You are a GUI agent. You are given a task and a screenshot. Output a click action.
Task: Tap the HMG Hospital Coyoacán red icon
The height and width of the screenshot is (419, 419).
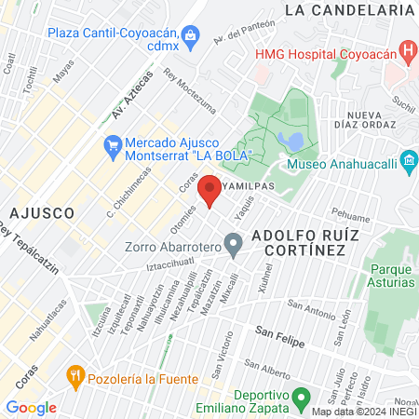point(407,49)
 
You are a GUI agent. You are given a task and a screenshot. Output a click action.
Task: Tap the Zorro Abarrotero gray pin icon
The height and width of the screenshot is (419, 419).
point(233,246)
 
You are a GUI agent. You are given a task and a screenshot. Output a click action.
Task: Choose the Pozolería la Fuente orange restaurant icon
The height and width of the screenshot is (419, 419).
point(75,377)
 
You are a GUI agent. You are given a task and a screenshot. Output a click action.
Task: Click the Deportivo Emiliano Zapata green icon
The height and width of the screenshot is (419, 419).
point(300,398)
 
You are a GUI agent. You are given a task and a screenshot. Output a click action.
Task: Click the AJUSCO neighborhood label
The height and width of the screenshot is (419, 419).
point(44,212)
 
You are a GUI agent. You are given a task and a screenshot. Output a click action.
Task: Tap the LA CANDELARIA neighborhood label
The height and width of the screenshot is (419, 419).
point(348,10)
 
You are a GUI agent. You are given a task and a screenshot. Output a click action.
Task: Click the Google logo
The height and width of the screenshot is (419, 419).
point(31,407)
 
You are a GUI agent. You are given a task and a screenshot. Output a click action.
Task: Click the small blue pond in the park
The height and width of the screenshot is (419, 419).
point(292,142)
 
